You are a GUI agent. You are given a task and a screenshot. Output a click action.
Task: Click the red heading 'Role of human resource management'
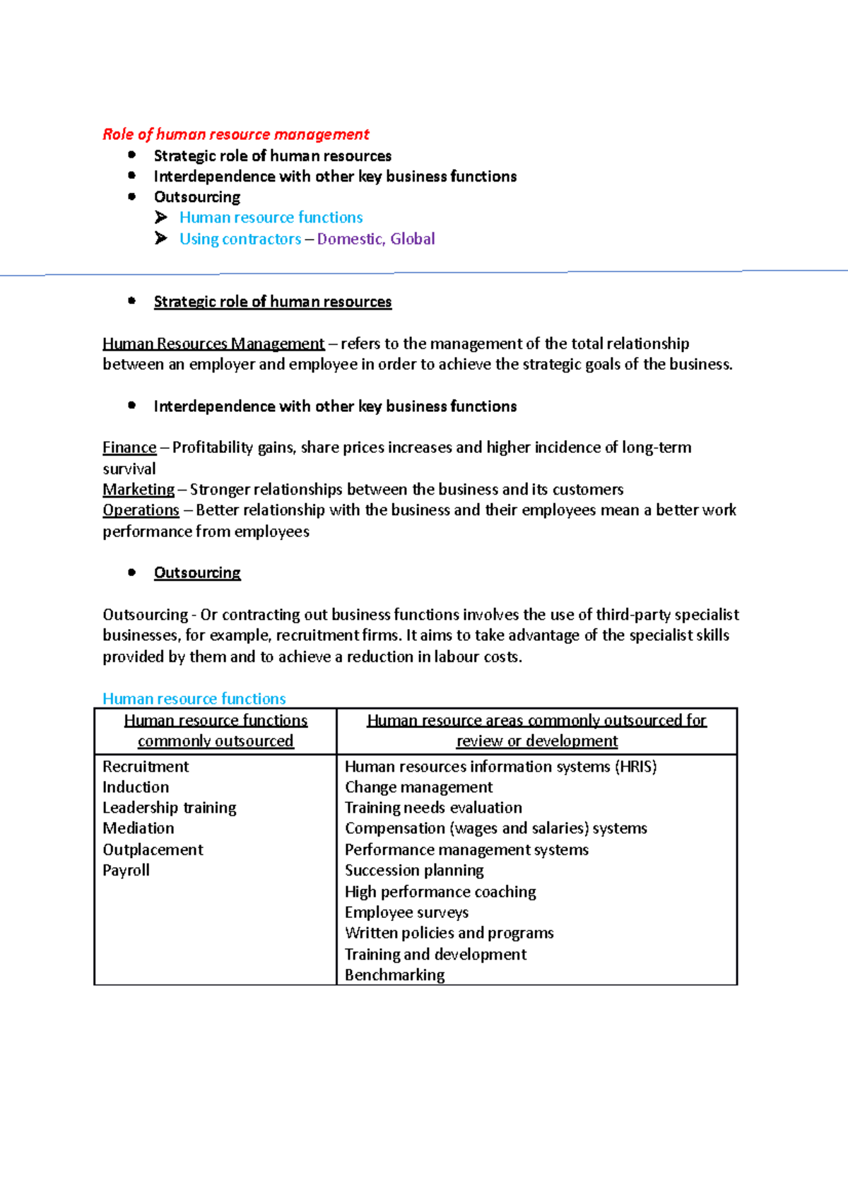[x=235, y=134]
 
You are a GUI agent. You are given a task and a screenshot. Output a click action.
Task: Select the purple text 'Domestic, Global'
[x=375, y=239]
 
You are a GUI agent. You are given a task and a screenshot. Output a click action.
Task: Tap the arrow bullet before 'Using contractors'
[x=161, y=238]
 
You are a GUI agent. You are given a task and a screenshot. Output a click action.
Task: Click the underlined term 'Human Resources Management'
[x=213, y=343]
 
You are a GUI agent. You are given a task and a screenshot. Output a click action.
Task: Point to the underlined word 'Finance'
[x=129, y=447]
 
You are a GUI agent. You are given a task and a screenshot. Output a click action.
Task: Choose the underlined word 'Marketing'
[x=139, y=489]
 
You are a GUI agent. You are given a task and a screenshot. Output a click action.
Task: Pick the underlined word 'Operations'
[x=141, y=510]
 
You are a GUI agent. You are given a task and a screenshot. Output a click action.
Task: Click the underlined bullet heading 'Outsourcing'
[x=197, y=572]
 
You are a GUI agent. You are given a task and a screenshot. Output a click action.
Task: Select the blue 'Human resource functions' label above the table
[x=194, y=698]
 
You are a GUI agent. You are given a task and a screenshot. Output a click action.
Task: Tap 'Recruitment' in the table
[x=146, y=766]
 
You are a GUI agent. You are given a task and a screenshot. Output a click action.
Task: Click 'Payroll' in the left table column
[x=126, y=870]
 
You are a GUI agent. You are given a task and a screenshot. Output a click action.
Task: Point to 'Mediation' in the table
[x=138, y=828]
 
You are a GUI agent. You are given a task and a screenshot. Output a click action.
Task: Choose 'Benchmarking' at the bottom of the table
[x=394, y=975]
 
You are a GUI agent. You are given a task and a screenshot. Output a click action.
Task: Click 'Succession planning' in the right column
[x=414, y=870]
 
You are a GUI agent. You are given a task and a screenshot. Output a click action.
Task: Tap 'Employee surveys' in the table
[x=406, y=912]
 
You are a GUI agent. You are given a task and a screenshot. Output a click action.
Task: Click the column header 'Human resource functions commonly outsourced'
[x=216, y=730]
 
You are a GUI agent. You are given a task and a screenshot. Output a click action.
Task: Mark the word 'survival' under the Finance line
[x=129, y=469]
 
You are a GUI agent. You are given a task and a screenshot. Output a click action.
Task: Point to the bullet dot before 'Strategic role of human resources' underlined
[x=131, y=300]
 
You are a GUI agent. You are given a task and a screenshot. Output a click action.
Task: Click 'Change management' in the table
[x=418, y=787]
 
